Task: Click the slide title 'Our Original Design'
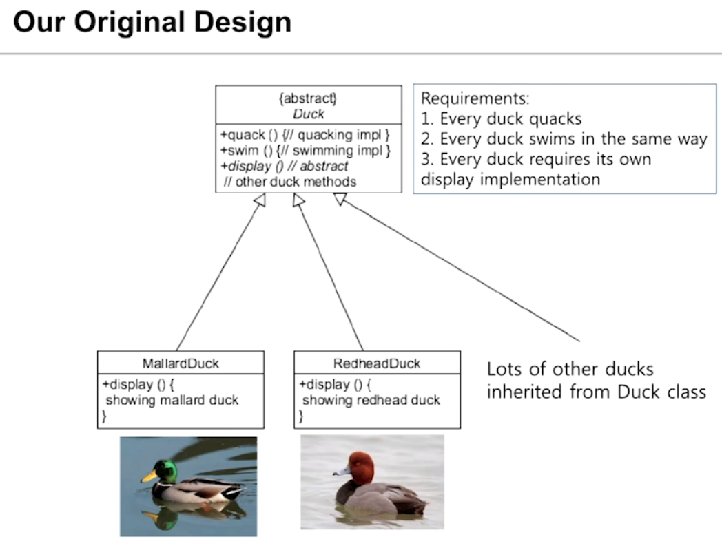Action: [152, 23]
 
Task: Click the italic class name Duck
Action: [308, 114]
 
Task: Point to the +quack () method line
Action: [305, 135]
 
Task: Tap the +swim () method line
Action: [305, 150]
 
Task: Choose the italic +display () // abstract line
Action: [284, 166]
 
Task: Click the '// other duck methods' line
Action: [289, 182]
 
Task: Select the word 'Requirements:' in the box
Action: [475, 98]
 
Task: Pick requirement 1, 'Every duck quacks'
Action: [501, 118]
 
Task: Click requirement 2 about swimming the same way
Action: [564, 139]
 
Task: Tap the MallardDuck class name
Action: [180, 363]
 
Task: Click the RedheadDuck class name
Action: [377, 363]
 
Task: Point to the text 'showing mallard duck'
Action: [172, 400]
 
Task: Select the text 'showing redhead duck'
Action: [371, 400]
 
